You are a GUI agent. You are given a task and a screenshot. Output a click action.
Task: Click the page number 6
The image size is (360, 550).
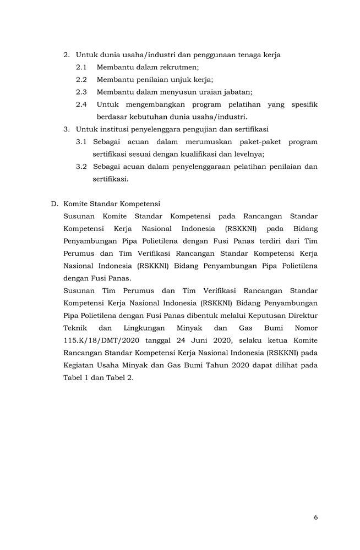point(315,517)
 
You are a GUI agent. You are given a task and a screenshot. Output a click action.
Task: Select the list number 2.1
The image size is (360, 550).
point(81,67)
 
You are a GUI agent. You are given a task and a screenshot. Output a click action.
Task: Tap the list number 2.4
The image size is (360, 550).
point(81,104)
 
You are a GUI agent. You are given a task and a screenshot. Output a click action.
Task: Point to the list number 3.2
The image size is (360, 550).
point(81,166)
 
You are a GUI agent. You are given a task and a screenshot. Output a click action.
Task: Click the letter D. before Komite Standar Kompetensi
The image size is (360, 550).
point(54,204)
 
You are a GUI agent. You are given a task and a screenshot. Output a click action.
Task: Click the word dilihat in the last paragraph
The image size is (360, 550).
point(291,365)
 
